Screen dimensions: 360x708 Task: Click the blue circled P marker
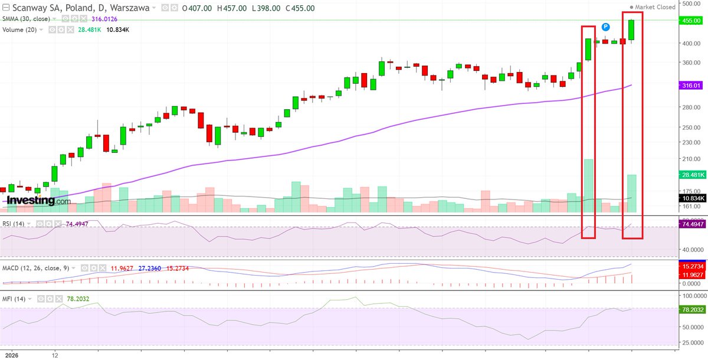click(x=605, y=27)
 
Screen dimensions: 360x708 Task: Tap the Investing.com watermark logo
click(x=38, y=201)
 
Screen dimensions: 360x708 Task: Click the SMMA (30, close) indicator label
click(x=26, y=19)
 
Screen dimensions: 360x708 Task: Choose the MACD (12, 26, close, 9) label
click(x=36, y=268)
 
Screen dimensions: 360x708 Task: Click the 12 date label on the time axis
click(x=54, y=356)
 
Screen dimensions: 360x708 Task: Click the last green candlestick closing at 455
click(x=632, y=30)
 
